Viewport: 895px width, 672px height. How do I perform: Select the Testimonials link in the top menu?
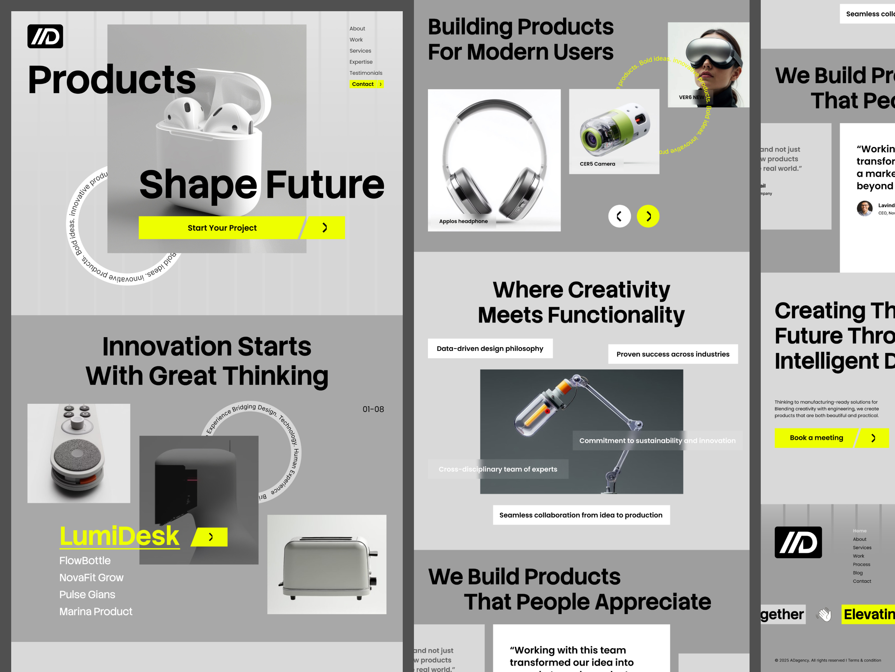click(x=366, y=73)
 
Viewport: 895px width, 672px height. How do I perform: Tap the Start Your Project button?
click(x=222, y=228)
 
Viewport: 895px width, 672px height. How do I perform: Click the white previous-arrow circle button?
click(x=619, y=216)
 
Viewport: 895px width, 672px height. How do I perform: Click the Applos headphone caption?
click(x=463, y=221)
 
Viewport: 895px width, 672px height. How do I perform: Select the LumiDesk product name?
click(x=119, y=536)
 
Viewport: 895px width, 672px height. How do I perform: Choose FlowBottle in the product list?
click(x=85, y=561)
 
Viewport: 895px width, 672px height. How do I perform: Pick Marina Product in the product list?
click(x=96, y=612)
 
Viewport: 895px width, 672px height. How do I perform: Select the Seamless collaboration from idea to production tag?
click(x=581, y=515)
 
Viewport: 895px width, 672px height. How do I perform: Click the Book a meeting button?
click(x=816, y=438)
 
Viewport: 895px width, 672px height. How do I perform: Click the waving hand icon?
click(x=824, y=615)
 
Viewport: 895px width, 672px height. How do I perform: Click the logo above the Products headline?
click(x=45, y=36)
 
